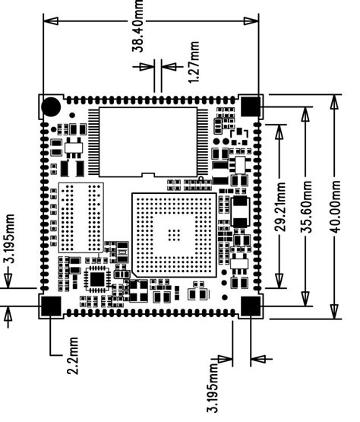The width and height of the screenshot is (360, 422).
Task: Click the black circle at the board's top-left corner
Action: coord(51,106)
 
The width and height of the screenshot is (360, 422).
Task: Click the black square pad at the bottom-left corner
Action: coord(50,306)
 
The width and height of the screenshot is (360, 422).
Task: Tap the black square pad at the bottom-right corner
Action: coord(251,306)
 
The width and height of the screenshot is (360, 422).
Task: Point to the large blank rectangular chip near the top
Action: coord(147,140)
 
